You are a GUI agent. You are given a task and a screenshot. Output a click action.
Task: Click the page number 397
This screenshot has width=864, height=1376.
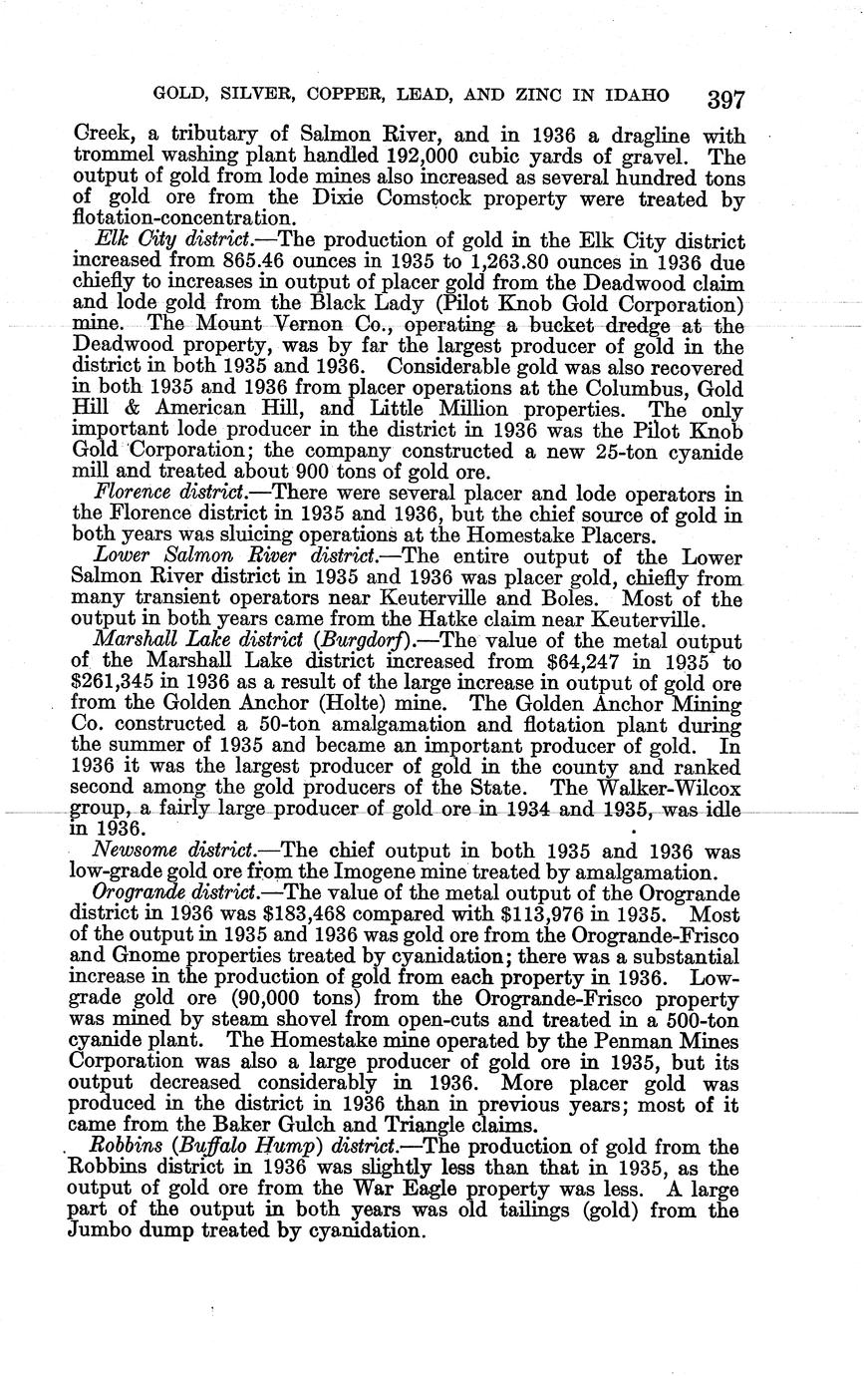[725, 99]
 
